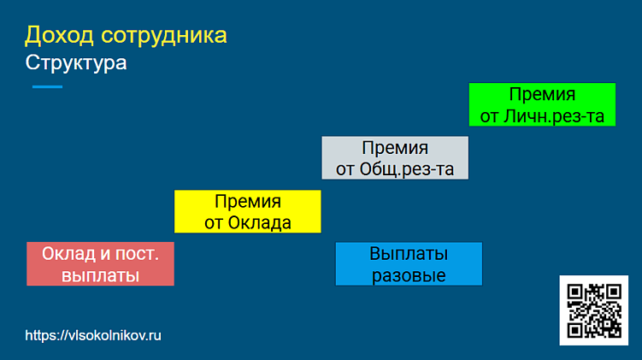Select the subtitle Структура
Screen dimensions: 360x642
(76, 63)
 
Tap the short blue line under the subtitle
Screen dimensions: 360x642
(47, 87)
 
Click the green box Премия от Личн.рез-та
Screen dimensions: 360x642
(542, 104)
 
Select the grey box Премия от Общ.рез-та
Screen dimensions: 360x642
(395, 157)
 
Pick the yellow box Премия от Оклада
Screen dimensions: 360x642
(247, 211)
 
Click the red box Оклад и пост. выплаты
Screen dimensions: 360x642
(100, 264)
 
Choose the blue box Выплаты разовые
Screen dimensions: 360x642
(409, 264)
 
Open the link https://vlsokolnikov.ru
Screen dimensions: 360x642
(93, 336)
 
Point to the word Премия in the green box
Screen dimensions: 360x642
(542, 94)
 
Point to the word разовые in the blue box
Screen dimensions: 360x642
(409, 275)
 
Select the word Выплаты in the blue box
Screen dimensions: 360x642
(409, 254)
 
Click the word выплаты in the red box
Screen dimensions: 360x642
(100, 275)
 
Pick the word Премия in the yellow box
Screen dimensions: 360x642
(248, 202)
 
